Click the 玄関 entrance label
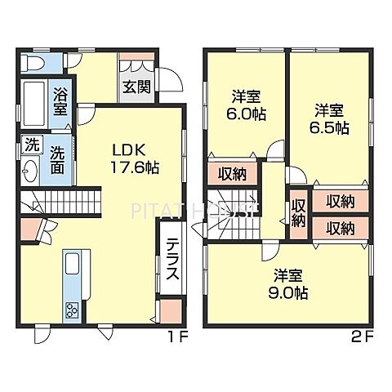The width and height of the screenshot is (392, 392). click(136, 87)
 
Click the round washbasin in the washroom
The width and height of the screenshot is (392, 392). click(30, 171)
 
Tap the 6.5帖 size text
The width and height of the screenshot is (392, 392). click(330, 127)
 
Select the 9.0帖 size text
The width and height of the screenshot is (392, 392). click(287, 290)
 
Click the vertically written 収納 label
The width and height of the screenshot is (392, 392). click(299, 212)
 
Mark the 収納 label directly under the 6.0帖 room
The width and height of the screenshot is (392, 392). click(232, 174)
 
